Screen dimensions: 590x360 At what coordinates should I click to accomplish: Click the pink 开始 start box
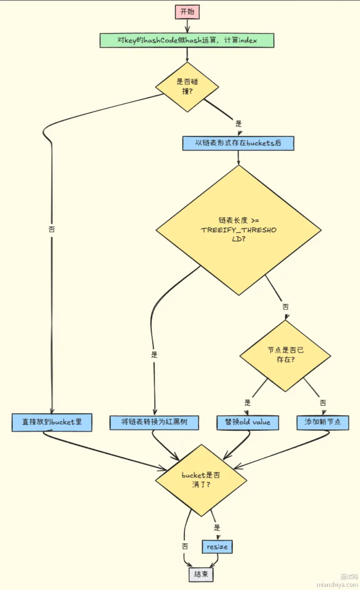click(x=187, y=12)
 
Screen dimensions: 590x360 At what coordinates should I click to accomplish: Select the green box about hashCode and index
click(x=187, y=40)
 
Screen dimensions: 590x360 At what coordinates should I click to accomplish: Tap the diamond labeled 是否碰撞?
click(x=187, y=87)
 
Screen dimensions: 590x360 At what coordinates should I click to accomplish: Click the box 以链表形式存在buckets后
click(x=238, y=143)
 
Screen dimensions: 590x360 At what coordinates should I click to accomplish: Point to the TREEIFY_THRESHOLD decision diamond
click(x=238, y=230)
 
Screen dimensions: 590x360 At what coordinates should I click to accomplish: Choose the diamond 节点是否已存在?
click(x=285, y=355)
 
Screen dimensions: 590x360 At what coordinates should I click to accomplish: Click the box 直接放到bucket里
click(x=52, y=422)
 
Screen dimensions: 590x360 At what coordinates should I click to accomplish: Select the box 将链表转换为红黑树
click(x=154, y=422)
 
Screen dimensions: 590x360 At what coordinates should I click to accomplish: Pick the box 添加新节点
click(x=322, y=422)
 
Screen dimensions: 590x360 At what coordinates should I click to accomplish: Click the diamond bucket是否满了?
click(x=201, y=480)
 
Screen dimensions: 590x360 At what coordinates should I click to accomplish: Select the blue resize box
click(x=217, y=547)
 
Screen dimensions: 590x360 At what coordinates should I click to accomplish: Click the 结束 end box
click(x=201, y=574)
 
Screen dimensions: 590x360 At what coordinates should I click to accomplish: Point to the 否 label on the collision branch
click(x=51, y=230)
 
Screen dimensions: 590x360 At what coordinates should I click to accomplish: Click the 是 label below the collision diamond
click(x=238, y=124)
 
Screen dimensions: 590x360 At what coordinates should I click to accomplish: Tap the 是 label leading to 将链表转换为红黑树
click(x=154, y=355)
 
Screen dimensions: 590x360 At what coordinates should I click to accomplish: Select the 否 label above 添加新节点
click(x=322, y=402)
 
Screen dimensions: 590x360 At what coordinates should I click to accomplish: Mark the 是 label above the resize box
click(x=217, y=528)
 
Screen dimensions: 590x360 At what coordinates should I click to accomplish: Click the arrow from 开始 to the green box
click(x=187, y=26)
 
